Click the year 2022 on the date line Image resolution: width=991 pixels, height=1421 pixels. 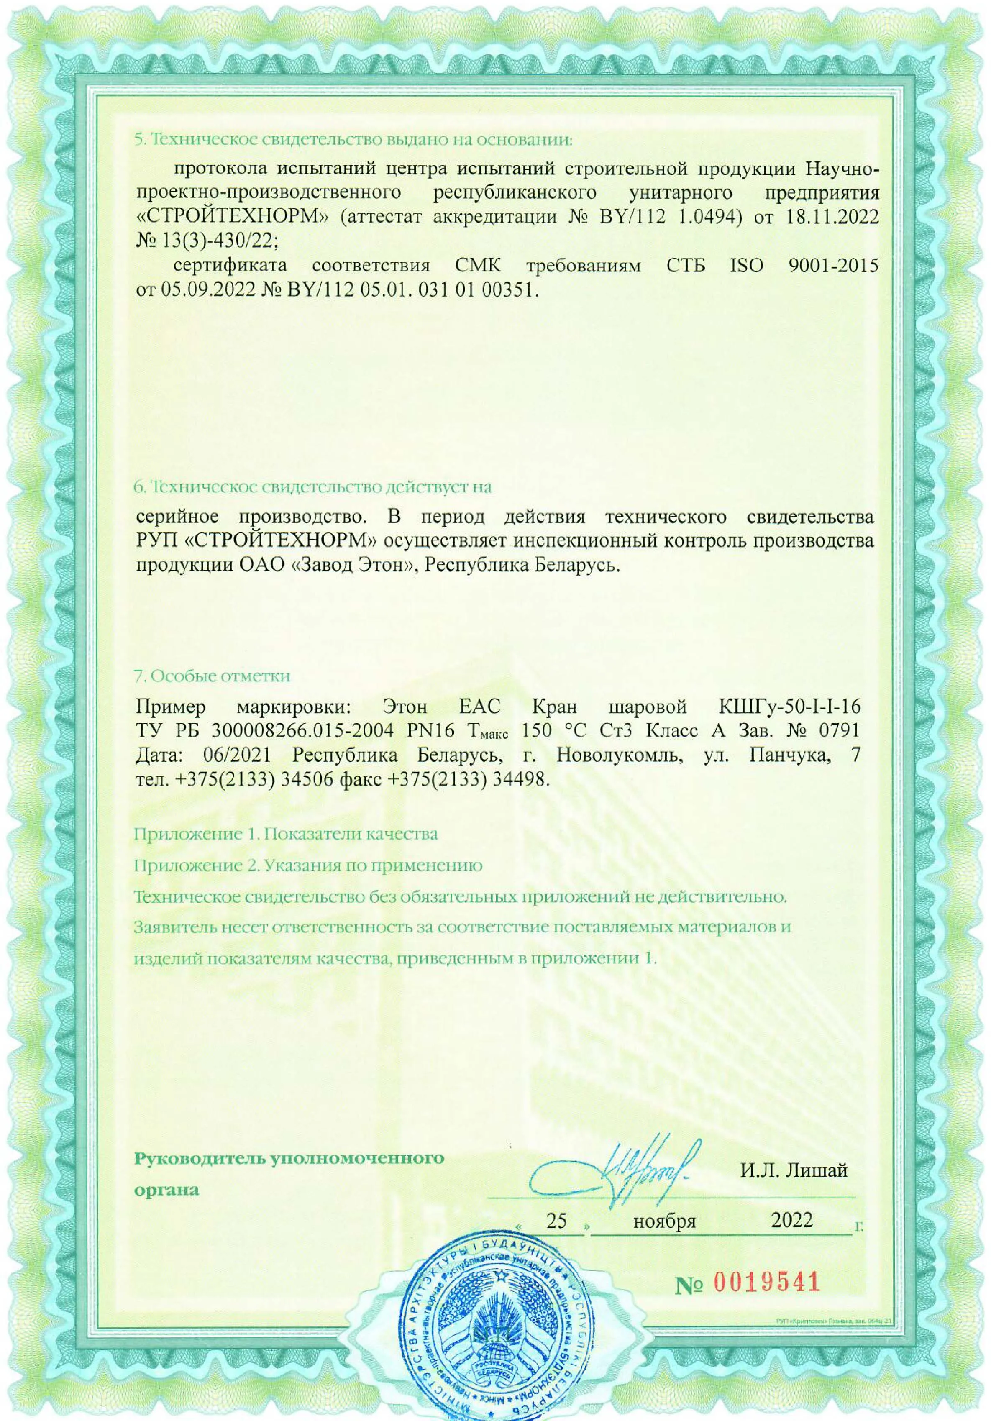[792, 1220]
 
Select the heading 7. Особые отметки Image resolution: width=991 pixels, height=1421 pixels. [213, 675]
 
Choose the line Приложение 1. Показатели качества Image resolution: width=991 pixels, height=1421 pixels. [286, 834]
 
